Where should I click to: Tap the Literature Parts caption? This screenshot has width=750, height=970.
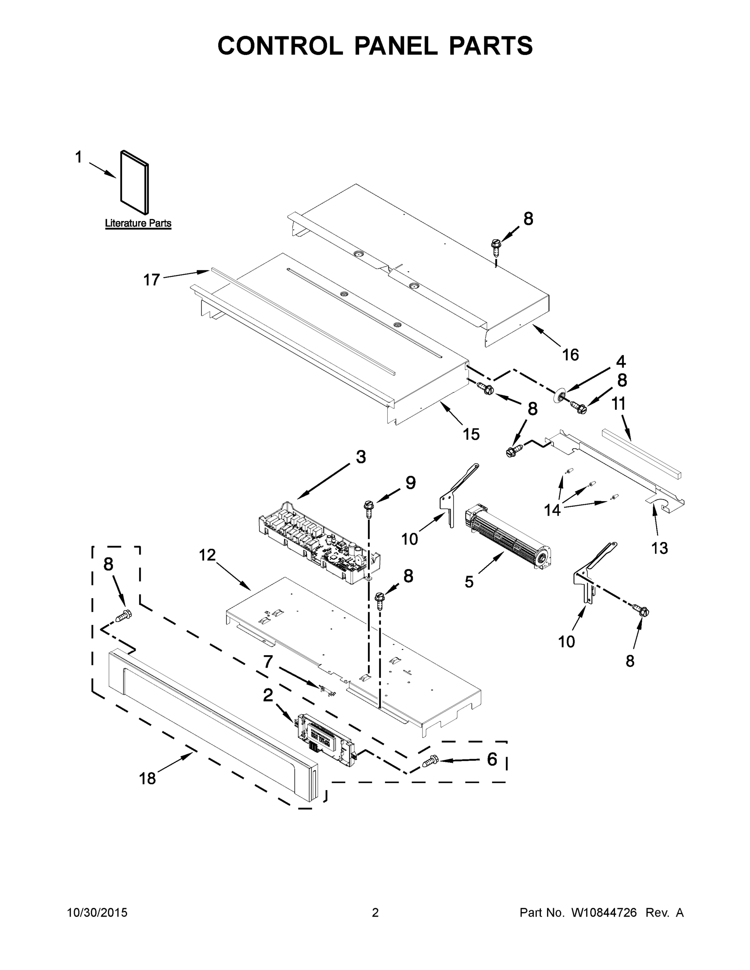click(138, 224)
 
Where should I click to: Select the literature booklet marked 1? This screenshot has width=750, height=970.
click(134, 182)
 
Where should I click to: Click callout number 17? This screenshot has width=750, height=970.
click(152, 280)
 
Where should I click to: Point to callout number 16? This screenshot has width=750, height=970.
click(570, 354)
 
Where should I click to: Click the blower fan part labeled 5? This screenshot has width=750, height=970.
click(508, 538)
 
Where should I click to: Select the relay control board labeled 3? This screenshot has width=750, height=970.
click(319, 543)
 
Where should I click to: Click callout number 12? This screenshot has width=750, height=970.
click(207, 555)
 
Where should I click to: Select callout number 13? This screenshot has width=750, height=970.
click(659, 548)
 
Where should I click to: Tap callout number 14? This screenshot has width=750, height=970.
click(552, 510)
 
